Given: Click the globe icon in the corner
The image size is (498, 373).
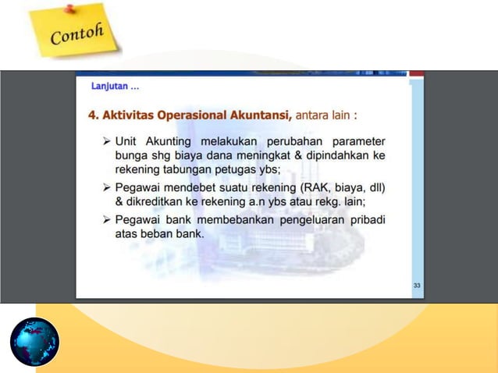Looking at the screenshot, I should click(x=34, y=342).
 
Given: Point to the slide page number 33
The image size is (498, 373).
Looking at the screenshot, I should click(x=417, y=286).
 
